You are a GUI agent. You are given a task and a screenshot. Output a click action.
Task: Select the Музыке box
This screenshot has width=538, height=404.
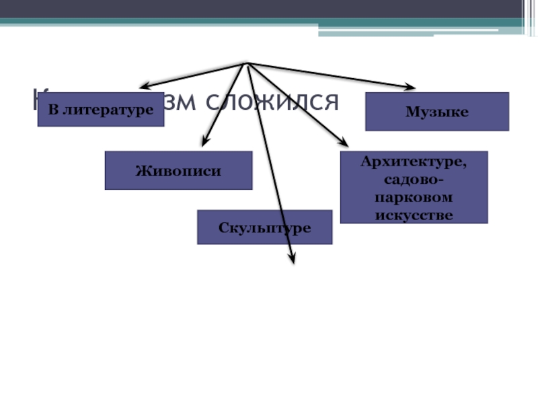(436, 111)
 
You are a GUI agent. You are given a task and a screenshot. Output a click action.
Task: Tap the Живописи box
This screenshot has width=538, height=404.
(178, 170)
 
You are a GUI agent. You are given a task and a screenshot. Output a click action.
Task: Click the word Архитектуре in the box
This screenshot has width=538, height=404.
(414, 162)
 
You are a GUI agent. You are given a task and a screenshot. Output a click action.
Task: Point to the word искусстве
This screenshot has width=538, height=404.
(414, 215)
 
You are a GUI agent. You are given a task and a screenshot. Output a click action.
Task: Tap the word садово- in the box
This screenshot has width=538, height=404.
(414, 180)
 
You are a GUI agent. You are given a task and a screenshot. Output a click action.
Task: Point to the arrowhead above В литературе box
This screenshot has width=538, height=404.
(143, 86)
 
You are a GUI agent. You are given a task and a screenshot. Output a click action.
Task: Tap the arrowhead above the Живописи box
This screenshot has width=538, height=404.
(204, 142)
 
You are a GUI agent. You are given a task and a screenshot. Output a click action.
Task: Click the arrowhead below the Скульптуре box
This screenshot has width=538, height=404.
(292, 258)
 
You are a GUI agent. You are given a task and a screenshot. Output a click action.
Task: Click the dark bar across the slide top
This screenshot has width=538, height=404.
(269, 9)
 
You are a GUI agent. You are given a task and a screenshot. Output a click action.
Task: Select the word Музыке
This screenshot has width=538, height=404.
(436, 111)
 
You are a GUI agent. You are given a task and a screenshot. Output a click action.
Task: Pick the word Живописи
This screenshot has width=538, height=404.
(178, 170)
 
